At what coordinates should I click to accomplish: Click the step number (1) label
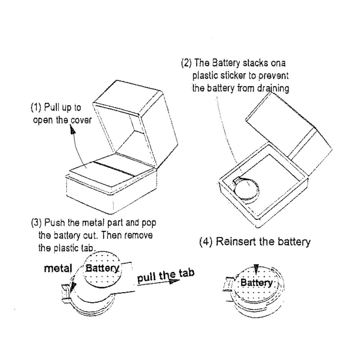[36, 108]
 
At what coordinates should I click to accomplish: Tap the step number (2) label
[186, 63]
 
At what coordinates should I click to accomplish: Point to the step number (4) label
[206, 242]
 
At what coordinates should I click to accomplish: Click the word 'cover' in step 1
[81, 120]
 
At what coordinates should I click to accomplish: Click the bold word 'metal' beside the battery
[58, 268]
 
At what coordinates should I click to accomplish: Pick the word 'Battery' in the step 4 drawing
[256, 282]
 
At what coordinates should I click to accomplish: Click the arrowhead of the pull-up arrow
[73, 130]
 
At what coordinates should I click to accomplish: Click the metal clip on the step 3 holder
[66, 290]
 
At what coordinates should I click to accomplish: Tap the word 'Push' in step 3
[55, 223]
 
